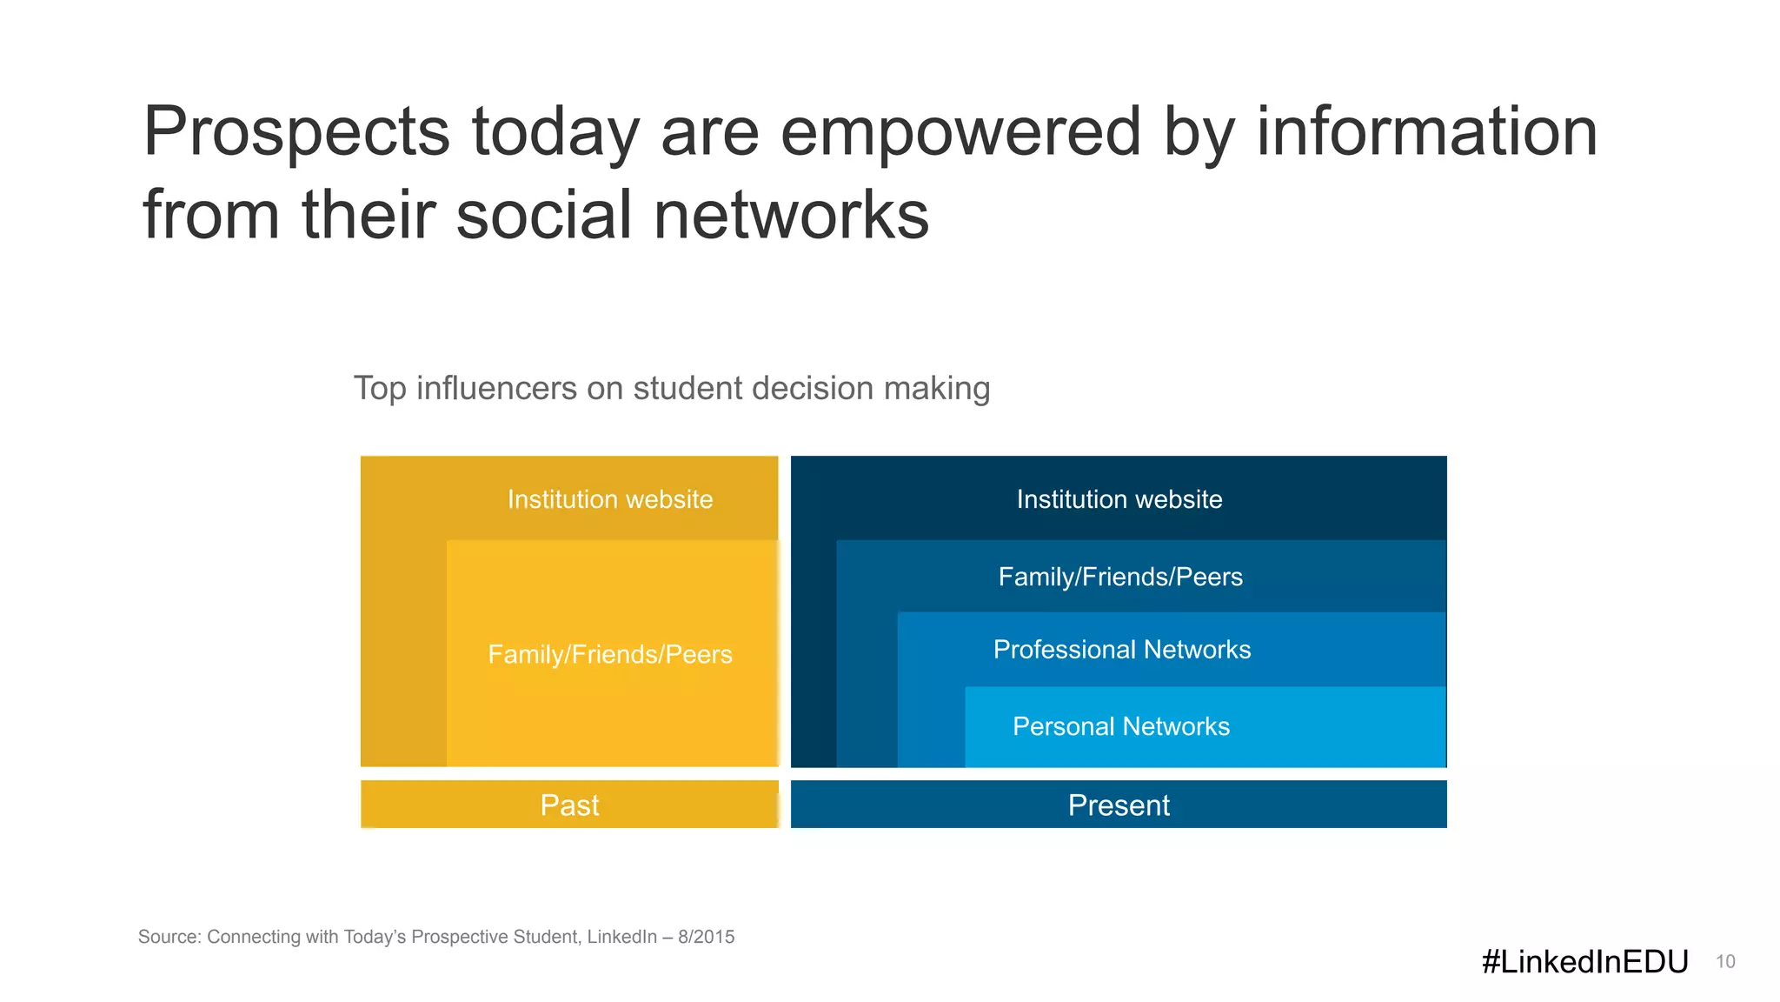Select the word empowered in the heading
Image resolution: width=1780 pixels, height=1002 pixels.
960,132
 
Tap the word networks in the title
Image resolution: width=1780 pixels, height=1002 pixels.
790,216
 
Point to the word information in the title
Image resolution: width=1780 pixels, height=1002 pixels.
1426,132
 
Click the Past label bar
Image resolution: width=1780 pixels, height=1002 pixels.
569,805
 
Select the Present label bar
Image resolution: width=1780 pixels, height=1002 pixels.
1119,805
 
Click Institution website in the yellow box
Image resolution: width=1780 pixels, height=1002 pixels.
610,499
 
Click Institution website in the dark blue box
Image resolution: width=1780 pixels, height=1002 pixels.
1119,499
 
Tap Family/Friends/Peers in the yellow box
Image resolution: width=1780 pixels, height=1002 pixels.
610,654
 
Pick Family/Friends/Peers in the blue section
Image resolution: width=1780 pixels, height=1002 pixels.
1120,577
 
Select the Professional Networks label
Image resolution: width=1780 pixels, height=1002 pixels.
1122,650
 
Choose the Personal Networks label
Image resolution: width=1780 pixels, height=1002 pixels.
1121,726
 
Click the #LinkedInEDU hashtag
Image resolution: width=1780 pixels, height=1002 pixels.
1584,961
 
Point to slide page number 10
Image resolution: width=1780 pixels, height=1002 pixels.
1725,962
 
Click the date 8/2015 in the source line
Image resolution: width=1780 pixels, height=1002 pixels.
706,937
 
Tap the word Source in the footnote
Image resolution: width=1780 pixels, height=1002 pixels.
169,937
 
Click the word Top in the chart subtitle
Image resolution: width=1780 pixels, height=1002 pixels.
380,388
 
